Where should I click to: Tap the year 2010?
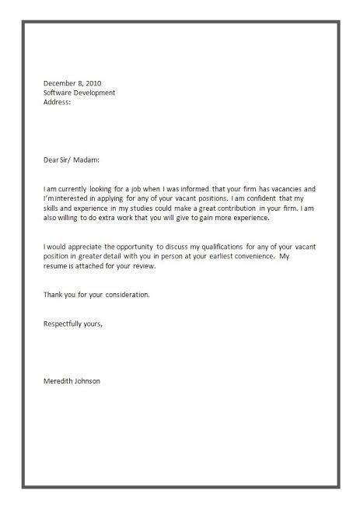(93, 82)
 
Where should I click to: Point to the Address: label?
(57, 102)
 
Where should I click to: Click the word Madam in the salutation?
(87, 160)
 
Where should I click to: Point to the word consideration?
(124, 295)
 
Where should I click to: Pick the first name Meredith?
(60, 381)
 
